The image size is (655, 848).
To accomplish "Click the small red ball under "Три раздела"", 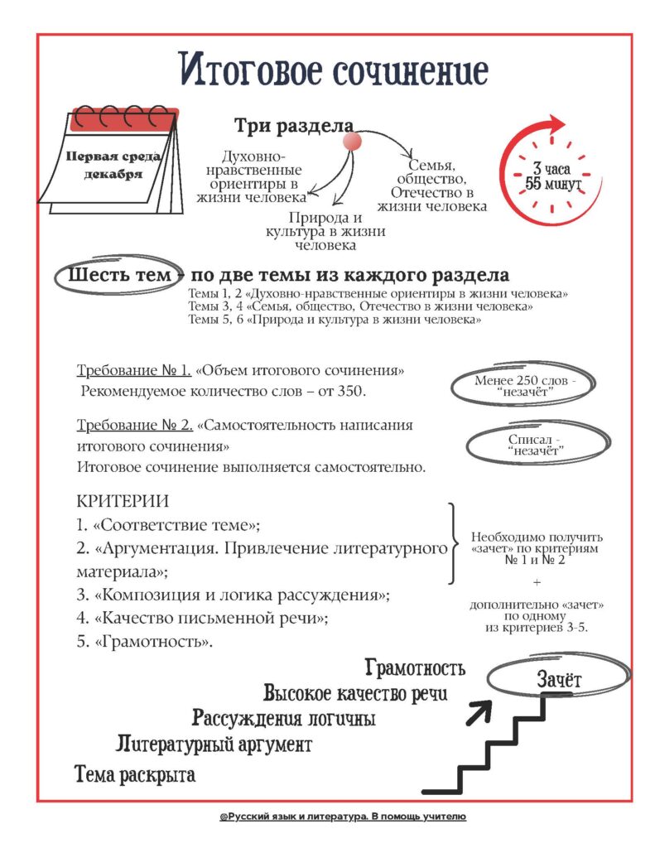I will point(352,142).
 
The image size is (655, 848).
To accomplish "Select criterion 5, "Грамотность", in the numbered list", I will point(147,642).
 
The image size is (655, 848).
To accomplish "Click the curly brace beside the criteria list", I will point(453,543).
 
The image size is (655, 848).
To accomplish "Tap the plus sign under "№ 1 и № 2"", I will point(536,582).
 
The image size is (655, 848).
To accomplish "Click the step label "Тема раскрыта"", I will point(135,775).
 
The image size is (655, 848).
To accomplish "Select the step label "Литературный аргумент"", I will point(214,744).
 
